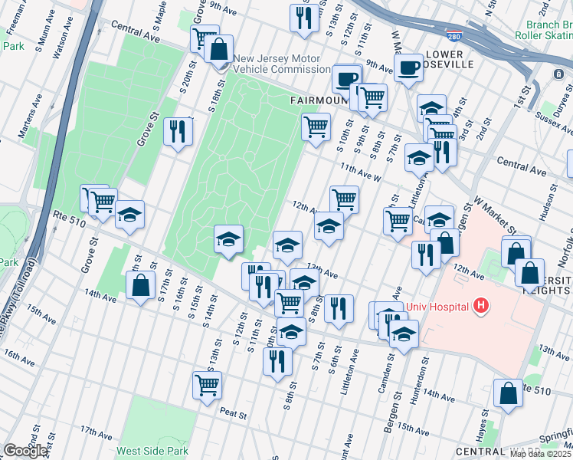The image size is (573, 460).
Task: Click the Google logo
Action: click(25, 451)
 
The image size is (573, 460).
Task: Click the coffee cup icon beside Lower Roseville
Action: click(410, 67)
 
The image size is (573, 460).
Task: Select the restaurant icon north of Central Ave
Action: click(304, 18)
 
